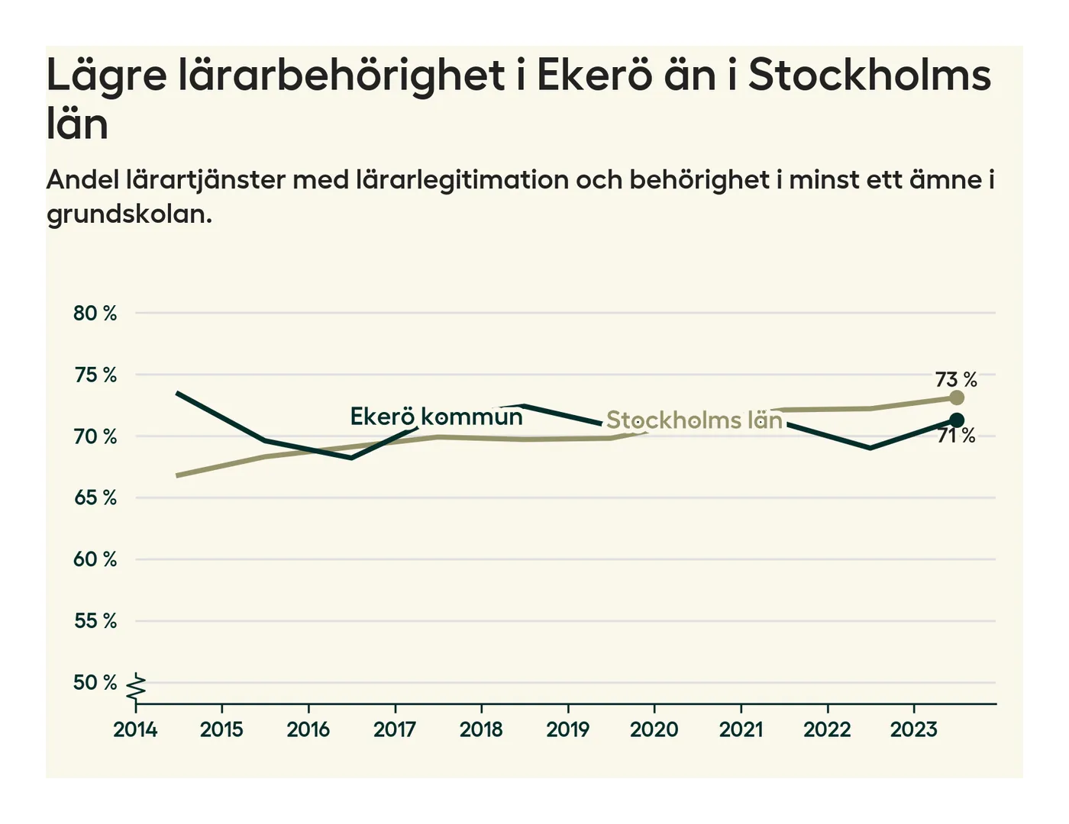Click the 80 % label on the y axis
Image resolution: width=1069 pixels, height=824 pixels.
click(x=95, y=314)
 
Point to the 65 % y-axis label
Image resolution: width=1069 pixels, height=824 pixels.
click(x=95, y=498)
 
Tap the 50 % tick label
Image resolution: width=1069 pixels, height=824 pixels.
click(x=95, y=683)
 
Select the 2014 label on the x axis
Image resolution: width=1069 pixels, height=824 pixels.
click(x=135, y=730)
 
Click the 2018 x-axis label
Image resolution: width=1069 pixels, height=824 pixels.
click(x=481, y=730)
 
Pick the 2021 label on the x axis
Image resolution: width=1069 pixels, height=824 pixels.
click(x=741, y=730)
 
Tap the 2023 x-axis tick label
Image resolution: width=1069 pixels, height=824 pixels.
click(x=913, y=730)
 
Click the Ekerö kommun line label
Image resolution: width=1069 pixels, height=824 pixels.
click(x=436, y=417)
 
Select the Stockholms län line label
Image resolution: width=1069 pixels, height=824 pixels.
click(x=694, y=420)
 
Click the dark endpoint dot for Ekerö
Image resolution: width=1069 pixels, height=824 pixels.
click(x=956, y=420)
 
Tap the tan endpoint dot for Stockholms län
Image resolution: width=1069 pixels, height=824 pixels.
click(x=956, y=398)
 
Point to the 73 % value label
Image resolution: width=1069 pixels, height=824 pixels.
click(x=956, y=379)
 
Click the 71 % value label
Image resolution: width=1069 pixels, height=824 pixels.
click(x=956, y=436)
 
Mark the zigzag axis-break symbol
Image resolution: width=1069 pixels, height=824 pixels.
click(x=137, y=687)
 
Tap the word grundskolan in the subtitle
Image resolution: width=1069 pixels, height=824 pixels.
click(x=128, y=214)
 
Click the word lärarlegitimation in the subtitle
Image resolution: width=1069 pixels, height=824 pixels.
click(x=462, y=180)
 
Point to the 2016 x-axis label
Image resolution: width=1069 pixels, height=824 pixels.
click(x=308, y=730)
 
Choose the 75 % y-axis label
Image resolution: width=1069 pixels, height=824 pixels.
click(x=95, y=375)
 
